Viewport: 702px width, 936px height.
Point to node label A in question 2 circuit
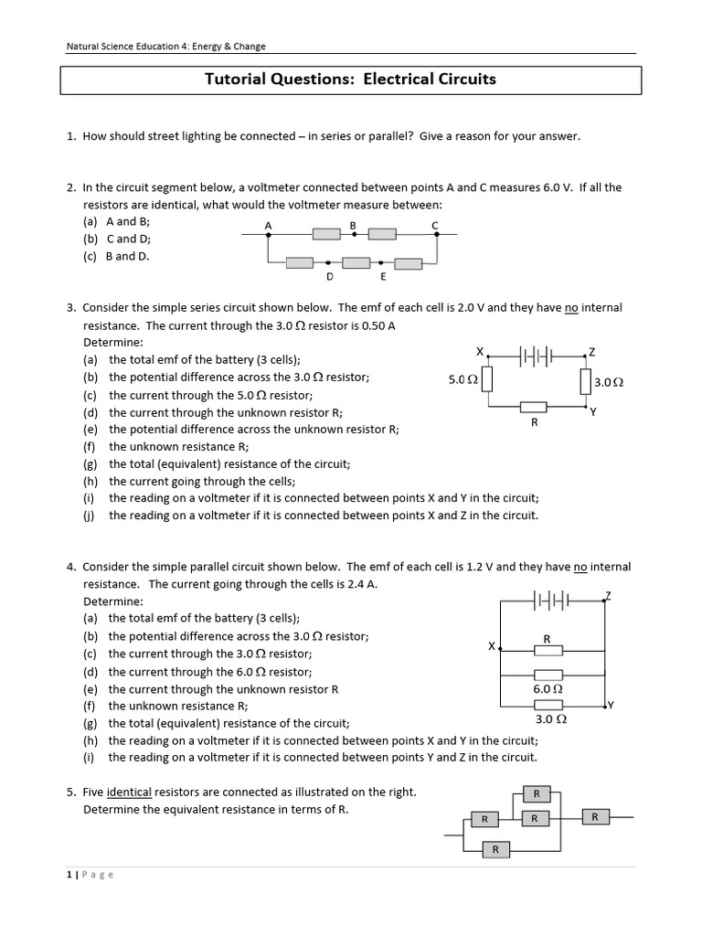[268, 225]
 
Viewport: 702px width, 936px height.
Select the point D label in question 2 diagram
[329, 276]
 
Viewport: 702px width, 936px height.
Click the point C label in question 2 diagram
[435, 225]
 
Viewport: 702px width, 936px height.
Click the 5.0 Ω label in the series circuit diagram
[463, 379]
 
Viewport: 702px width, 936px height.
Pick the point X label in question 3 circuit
[480, 351]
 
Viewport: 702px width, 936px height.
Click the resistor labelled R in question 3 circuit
[533, 407]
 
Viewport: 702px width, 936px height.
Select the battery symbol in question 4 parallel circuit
[552, 601]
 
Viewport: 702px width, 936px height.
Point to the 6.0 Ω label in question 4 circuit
[548, 688]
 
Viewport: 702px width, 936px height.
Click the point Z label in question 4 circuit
[608, 595]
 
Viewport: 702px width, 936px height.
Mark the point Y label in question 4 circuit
[611, 705]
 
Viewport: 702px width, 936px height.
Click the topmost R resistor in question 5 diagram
[537, 792]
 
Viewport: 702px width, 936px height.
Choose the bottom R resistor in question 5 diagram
[495, 850]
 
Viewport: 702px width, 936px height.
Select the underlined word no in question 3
[571, 308]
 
